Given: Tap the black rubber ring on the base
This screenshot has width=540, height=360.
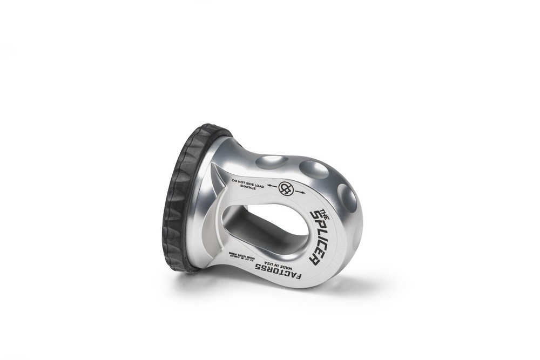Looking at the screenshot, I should point(178,200).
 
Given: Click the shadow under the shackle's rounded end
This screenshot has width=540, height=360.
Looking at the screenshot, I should point(346,281).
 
